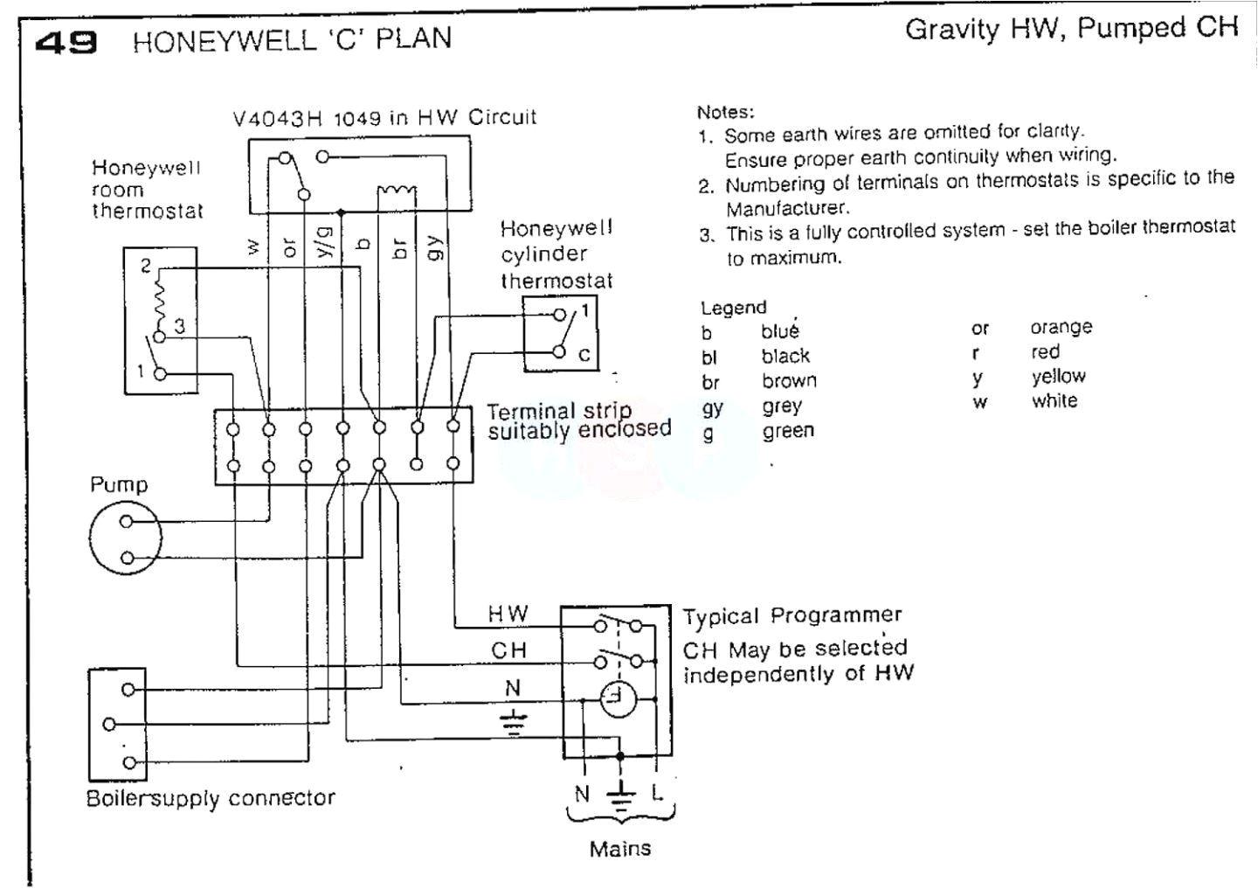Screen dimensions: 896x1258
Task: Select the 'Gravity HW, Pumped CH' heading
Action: click(1071, 29)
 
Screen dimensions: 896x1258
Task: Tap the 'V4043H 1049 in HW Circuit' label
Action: click(384, 118)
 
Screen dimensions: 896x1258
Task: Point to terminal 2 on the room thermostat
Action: click(146, 266)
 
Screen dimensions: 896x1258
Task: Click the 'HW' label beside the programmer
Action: click(508, 615)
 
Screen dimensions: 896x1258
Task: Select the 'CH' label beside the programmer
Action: click(508, 651)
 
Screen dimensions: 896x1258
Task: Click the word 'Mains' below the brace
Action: click(619, 849)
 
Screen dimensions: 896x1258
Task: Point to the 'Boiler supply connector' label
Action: click(211, 798)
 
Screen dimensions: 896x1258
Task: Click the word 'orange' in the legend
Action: click(1061, 328)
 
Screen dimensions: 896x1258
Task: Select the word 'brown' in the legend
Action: click(789, 381)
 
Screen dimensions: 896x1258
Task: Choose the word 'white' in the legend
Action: click(1054, 401)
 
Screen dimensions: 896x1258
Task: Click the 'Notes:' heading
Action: click(725, 113)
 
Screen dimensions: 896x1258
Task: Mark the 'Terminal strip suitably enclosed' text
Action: click(578, 420)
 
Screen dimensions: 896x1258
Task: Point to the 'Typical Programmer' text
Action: click(791, 616)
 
